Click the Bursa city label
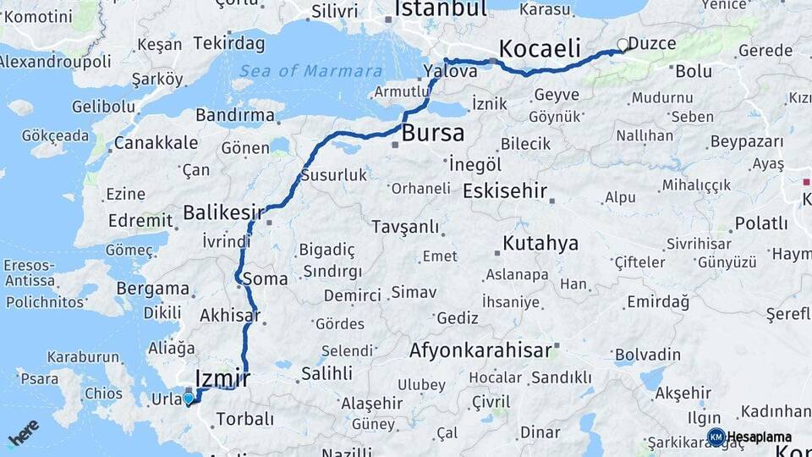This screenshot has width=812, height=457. (432, 133)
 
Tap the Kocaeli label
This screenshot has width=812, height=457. (540, 47)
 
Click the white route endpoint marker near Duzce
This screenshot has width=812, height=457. (623, 45)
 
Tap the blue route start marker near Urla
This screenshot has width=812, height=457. (188, 398)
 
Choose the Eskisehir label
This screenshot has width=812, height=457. (506, 190)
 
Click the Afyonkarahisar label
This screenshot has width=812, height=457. (481, 350)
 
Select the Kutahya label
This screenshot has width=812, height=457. (540, 244)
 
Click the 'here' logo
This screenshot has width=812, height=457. (23, 432)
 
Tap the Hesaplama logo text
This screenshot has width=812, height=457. (759, 437)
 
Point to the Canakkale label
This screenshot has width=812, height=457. (156, 143)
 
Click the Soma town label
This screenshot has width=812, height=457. (265, 278)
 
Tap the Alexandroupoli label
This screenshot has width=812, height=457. (55, 62)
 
